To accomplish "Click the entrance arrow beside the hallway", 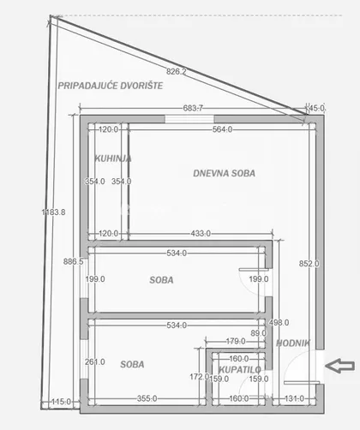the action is (x=339, y=366).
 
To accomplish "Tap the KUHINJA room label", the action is (x=113, y=158).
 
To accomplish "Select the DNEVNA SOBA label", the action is (x=224, y=173).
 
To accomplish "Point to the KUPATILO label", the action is (x=240, y=370).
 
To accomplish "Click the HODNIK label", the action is (x=293, y=343).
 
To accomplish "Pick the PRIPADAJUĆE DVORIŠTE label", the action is (x=111, y=86).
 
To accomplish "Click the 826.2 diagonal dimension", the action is (x=177, y=71).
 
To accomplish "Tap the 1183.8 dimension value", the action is (x=53, y=212).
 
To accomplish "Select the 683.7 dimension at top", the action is (x=193, y=108).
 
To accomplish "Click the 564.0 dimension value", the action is (x=222, y=129).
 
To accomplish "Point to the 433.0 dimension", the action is (x=201, y=234).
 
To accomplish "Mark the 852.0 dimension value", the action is (x=309, y=264).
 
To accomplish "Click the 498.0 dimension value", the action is (x=279, y=323).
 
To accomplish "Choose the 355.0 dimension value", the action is (x=147, y=398).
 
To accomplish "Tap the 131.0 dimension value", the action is (x=294, y=398).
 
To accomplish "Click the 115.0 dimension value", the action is (x=61, y=402).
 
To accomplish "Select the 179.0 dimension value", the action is (x=236, y=341).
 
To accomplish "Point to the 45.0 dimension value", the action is (x=317, y=108).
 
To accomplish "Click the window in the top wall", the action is (x=189, y=119).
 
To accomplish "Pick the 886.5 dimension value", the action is (x=74, y=261).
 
